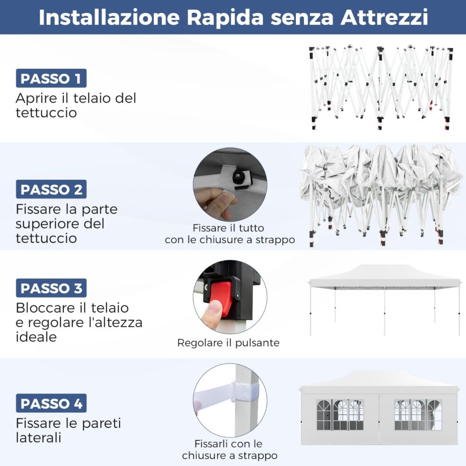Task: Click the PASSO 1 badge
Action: click(51, 78)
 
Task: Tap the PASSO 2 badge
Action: click(51, 189)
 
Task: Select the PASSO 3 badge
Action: click(51, 288)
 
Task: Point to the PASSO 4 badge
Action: click(51, 403)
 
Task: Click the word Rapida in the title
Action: click(225, 18)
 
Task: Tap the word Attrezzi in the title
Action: click(384, 17)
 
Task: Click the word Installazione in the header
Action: click(109, 17)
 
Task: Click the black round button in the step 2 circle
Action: click(238, 177)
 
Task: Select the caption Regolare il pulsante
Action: click(228, 343)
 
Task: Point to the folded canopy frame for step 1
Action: click(381, 88)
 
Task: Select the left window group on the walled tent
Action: click(340, 415)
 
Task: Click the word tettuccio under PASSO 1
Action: click(46, 113)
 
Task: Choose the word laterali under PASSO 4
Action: click(39, 438)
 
